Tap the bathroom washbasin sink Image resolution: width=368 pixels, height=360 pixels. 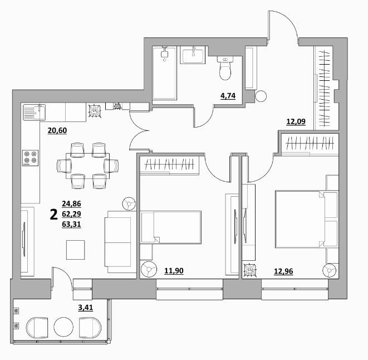(193, 55)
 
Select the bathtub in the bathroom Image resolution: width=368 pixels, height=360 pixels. (164, 73)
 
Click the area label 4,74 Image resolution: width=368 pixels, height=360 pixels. (228, 96)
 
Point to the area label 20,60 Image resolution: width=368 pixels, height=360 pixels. (57, 130)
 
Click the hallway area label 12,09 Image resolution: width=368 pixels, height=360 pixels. (296, 121)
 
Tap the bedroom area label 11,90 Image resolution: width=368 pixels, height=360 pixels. (174, 271)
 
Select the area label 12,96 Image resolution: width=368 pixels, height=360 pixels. (283, 271)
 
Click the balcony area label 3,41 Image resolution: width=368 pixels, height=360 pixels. (85, 308)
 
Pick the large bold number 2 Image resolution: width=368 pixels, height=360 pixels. (54, 215)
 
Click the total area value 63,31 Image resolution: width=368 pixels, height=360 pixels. (72, 224)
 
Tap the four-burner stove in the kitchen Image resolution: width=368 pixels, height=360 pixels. (31, 158)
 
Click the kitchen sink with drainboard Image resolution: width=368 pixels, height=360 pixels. (35, 113)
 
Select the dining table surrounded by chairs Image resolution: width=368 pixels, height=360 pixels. (87, 166)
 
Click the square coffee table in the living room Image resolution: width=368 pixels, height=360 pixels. (75, 250)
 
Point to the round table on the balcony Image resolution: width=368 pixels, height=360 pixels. (63, 327)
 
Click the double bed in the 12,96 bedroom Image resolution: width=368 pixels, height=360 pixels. (307, 219)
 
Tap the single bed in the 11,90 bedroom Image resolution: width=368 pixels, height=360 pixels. (170, 227)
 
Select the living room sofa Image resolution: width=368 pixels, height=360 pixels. (120, 242)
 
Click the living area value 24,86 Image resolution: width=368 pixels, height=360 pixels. (72, 203)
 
